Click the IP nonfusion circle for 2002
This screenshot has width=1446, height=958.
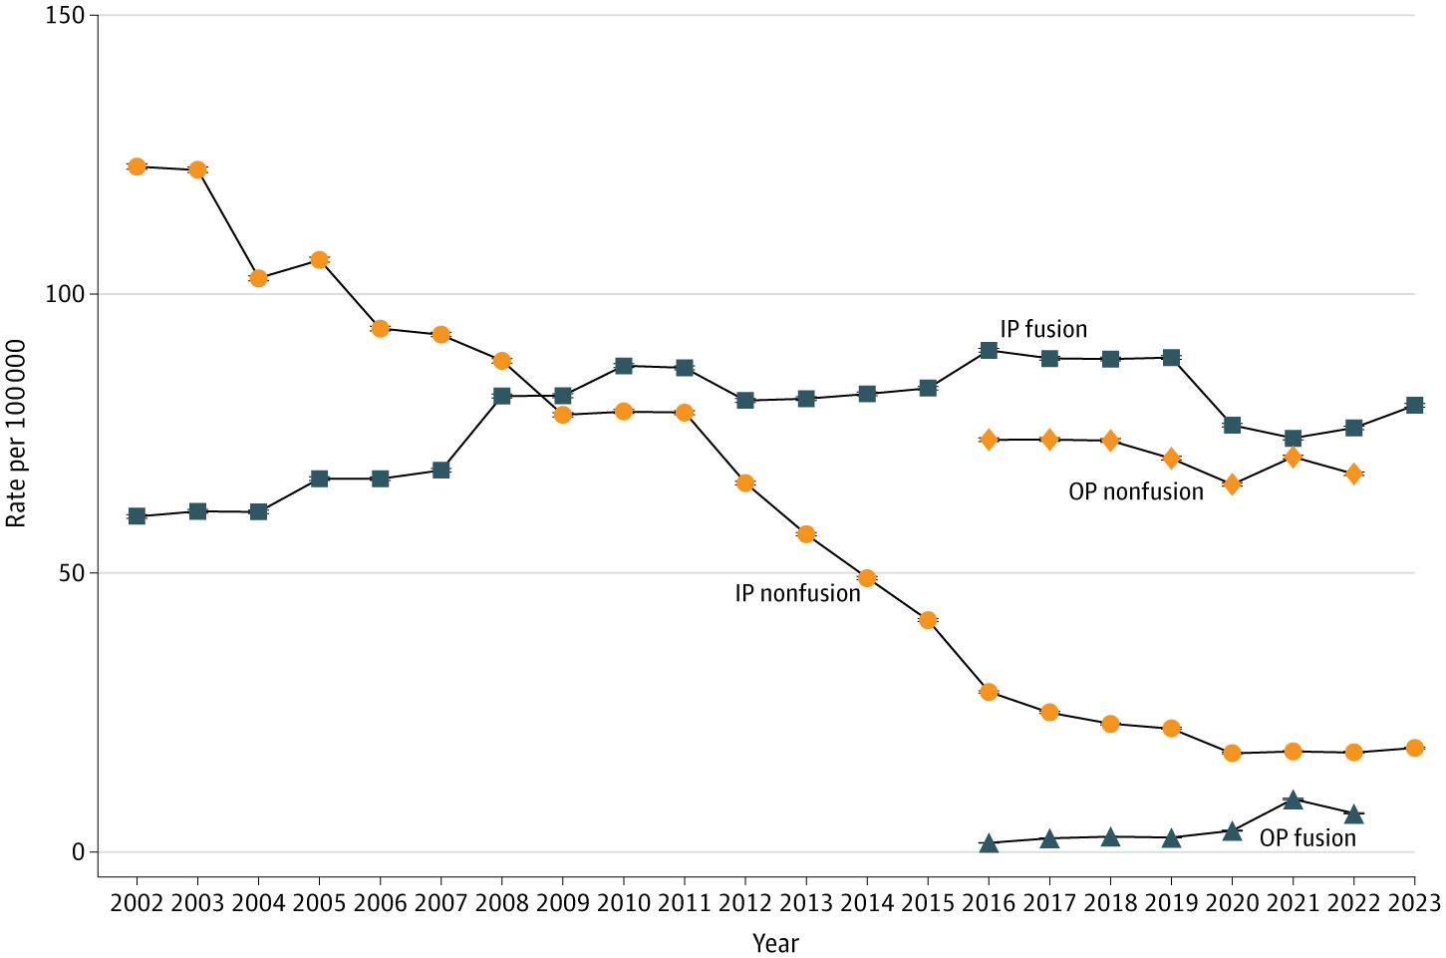(137, 166)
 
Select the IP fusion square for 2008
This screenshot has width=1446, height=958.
(502, 396)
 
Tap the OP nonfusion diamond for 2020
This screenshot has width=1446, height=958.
(1232, 484)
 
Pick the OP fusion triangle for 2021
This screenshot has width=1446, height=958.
(1293, 800)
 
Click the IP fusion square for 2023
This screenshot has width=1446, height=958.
(1414, 405)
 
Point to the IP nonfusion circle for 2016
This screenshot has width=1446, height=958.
(989, 692)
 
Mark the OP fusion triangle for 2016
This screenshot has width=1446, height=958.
(989, 843)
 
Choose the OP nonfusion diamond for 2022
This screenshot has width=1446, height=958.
(1353, 474)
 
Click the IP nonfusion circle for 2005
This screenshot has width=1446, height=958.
(320, 260)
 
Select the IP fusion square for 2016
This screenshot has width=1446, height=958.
(989, 350)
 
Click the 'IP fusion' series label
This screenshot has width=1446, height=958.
(1043, 329)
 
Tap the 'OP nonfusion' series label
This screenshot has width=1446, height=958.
(1136, 491)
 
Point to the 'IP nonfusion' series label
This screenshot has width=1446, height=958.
(797, 593)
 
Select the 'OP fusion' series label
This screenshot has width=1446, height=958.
(1307, 838)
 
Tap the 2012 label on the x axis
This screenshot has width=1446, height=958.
(745, 903)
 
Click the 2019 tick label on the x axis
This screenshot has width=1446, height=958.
(1171, 903)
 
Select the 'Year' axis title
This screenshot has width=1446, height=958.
(775, 943)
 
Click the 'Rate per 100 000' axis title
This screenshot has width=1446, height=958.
(16, 434)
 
